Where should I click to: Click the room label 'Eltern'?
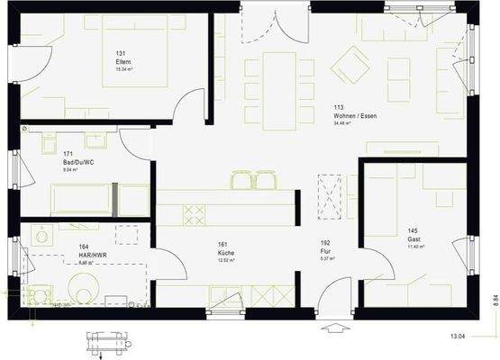[x=123, y=61]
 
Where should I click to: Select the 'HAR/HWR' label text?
[x=87, y=256]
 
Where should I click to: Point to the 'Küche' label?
[x=225, y=253]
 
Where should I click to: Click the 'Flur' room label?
[x=325, y=251]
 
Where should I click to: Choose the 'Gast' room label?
[x=414, y=238]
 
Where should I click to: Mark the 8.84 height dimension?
[x=494, y=300]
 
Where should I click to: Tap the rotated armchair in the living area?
[x=350, y=64]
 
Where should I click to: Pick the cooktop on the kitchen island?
[x=195, y=214]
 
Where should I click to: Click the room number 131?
[x=121, y=53]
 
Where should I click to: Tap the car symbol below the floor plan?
[x=107, y=341]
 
